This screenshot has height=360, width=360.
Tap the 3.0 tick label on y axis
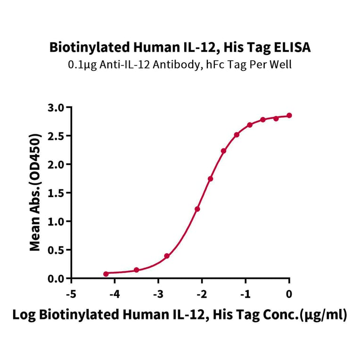pyautogui.click(x=57, y=107)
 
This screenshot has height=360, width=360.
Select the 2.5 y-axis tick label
pyautogui.click(x=57, y=136)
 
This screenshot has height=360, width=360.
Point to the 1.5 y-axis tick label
pyautogui.click(x=57, y=193)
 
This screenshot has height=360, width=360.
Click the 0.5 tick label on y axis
pyautogui.click(x=57, y=250)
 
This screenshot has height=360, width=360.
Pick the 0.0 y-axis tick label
pyautogui.click(x=57, y=278)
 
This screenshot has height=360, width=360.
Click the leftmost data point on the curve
pyautogui.click(x=106, y=274)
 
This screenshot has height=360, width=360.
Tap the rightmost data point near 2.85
pyautogui.click(x=289, y=115)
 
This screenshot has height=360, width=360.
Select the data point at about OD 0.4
pyautogui.click(x=167, y=256)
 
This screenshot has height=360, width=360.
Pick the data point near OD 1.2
pyautogui.click(x=197, y=209)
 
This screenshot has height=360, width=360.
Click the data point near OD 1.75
pyautogui.click(x=210, y=179)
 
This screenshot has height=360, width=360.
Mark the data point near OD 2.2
pyautogui.click(x=223, y=151)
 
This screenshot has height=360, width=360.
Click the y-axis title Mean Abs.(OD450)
pyautogui.click(x=34, y=192)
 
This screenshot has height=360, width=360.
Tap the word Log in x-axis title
pyautogui.click(x=23, y=315)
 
